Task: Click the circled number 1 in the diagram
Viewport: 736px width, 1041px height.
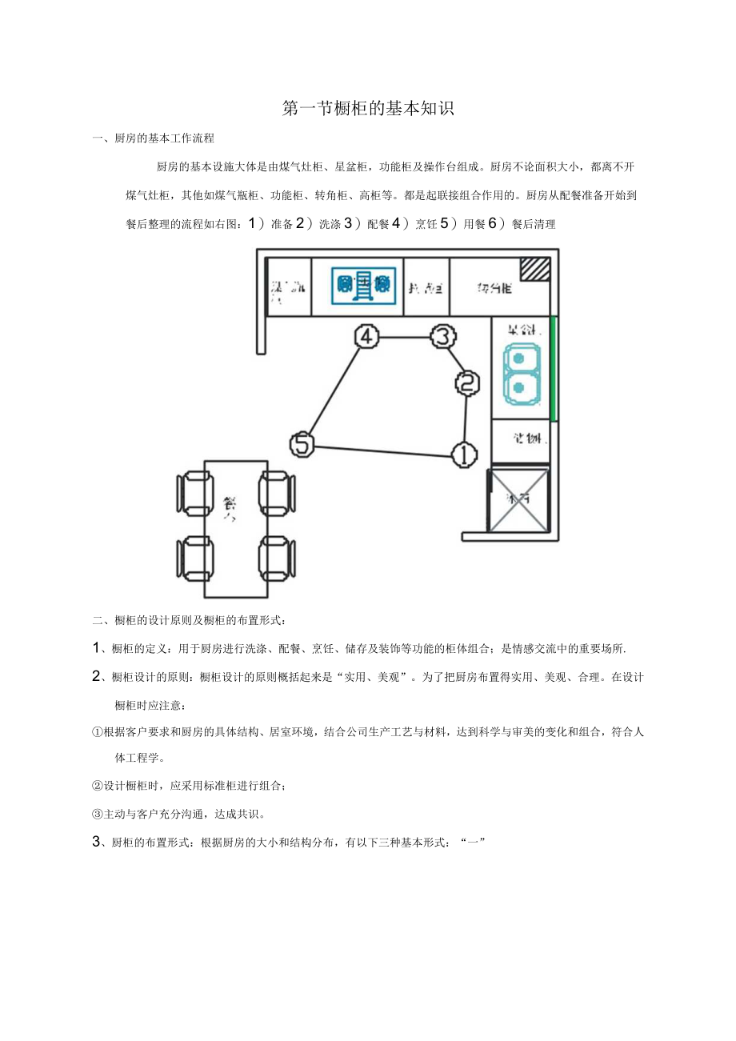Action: click(x=464, y=454)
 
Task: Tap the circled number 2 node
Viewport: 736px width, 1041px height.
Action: click(x=468, y=383)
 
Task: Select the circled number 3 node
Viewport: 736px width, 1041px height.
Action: click(x=443, y=337)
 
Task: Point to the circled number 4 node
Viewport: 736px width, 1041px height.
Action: click(x=366, y=337)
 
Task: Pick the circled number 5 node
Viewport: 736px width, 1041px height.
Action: click(x=302, y=443)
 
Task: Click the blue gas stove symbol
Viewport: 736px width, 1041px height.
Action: click(x=364, y=284)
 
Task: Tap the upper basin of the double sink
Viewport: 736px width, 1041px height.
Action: click(x=520, y=359)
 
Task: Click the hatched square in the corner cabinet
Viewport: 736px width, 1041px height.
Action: click(x=535, y=269)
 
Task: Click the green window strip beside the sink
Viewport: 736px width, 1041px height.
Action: click(x=553, y=368)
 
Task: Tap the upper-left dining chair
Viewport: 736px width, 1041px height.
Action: click(x=194, y=492)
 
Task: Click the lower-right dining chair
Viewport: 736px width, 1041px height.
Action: click(x=278, y=558)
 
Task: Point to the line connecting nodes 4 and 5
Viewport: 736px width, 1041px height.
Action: click(x=334, y=390)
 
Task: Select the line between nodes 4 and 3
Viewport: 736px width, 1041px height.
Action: click(x=405, y=337)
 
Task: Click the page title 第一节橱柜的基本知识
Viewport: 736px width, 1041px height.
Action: click(x=368, y=109)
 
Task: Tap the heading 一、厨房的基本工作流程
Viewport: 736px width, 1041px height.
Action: click(x=154, y=138)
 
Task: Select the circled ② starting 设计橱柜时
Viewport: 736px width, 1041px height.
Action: click(x=98, y=787)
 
